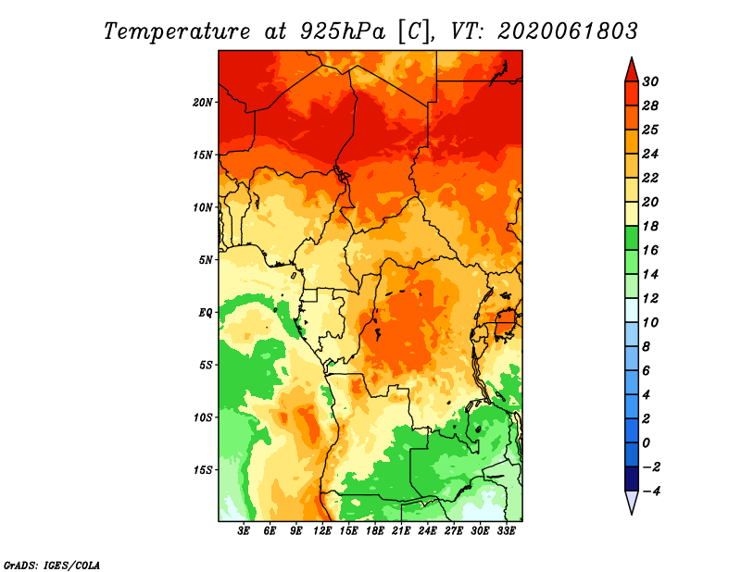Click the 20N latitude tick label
coord(203,102)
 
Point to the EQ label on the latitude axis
coord(206,312)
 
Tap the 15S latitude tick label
coord(203,470)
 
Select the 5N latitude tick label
coord(206,260)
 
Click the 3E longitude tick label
coord(244,530)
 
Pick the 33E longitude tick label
coord(506,530)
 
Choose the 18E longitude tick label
coord(375,530)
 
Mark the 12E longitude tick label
coord(322,530)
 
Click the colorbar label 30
coord(650,81)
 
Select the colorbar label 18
coord(650,226)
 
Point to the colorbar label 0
coord(646,443)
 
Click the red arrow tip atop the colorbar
coord(632,58)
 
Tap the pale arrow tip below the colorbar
coord(632,513)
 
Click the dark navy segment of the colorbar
coord(632,479)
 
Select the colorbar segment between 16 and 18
coord(632,238)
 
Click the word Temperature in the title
coord(177,31)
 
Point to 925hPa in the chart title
coord(343,31)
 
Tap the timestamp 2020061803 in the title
coord(568,31)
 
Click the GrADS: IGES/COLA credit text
coord(52,565)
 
